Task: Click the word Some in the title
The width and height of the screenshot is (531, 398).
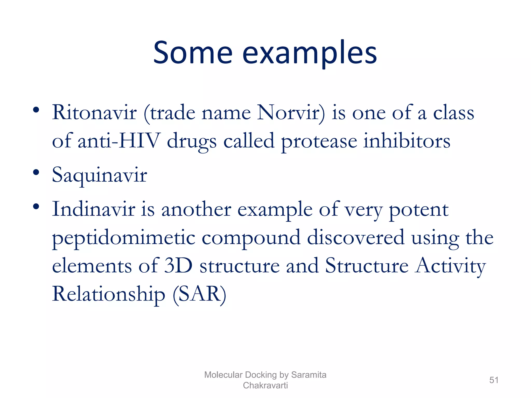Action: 193,53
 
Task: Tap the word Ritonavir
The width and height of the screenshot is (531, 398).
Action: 94,113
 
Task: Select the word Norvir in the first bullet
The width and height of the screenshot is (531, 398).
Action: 290,113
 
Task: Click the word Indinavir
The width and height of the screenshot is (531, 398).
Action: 94,209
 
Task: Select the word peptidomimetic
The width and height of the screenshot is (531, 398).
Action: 124,238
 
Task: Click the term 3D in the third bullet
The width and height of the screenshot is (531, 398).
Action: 178,266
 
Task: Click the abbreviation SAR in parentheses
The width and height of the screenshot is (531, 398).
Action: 199,294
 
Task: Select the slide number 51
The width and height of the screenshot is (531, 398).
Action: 494,380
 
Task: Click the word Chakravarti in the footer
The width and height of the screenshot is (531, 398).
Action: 265,385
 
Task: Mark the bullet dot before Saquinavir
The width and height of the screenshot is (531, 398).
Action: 36,172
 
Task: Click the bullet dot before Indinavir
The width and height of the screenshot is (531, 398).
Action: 36,207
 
